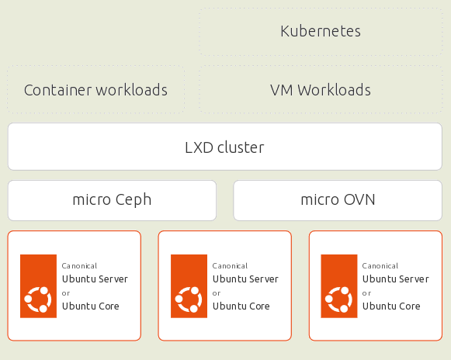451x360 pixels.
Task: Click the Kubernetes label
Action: pyautogui.click(x=321, y=31)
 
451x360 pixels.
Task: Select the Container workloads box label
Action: pyautogui.click(x=95, y=90)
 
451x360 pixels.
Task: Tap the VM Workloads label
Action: pyautogui.click(x=321, y=90)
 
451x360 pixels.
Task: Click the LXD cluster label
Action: pyautogui.click(x=224, y=147)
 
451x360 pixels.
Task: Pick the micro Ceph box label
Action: pyautogui.click(x=112, y=200)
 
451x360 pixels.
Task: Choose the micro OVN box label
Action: pyautogui.click(x=338, y=199)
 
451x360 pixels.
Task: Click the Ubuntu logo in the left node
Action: pyautogui.click(x=38, y=286)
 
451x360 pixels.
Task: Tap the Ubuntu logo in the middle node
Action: pyautogui.click(x=189, y=286)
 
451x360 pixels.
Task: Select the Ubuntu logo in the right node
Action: pyautogui.click(x=339, y=286)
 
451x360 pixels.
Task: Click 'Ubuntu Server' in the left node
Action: pyautogui.click(x=95, y=279)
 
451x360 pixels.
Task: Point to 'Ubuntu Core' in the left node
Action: pyautogui.click(x=91, y=306)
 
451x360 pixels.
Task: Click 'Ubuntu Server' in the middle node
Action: pyautogui.click(x=245, y=279)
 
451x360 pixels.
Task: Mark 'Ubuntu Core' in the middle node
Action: pyautogui.click(x=241, y=306)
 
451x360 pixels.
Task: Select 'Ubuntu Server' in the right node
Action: pyautogui.click(x=396, y=279)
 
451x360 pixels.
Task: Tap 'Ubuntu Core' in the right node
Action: pyautogui.click(x=391, y=306)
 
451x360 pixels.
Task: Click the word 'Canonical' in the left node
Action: pyautogui.click(x=79, y=265)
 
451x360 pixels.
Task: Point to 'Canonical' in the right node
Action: pyautogui.click(x=380, y=265)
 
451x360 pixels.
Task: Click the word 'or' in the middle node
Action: pyautogui.click(x=217, y=293)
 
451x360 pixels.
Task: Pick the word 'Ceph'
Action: pyautogui.click(x=134, y=200)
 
